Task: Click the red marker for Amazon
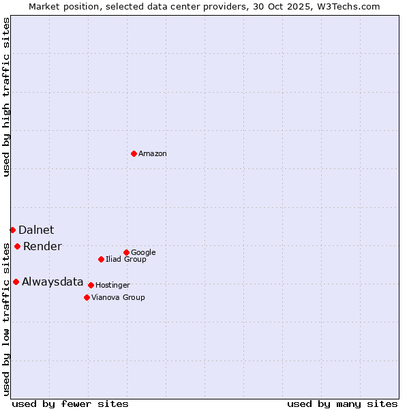pos(134,153)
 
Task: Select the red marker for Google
pos(126,252)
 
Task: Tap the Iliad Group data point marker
pos(101,259)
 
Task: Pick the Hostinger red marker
pos(91,285)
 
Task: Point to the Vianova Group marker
pos(87,297)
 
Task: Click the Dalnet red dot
pos(12,230)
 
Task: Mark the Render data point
pos(17,246)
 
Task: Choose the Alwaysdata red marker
pos(16,282)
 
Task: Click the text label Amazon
pos(153,154)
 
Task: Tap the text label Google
pos(143,252)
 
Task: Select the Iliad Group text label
pos(126,259)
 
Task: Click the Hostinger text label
pos(112,285)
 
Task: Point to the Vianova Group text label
pos(118,297)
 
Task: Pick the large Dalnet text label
pos(36,230)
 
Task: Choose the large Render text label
pos(42,247)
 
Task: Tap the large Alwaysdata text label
pos(52,282)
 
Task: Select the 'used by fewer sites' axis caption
pos(70,404)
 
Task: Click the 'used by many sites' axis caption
pos(342,404)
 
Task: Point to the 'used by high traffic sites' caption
pos(7,97)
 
